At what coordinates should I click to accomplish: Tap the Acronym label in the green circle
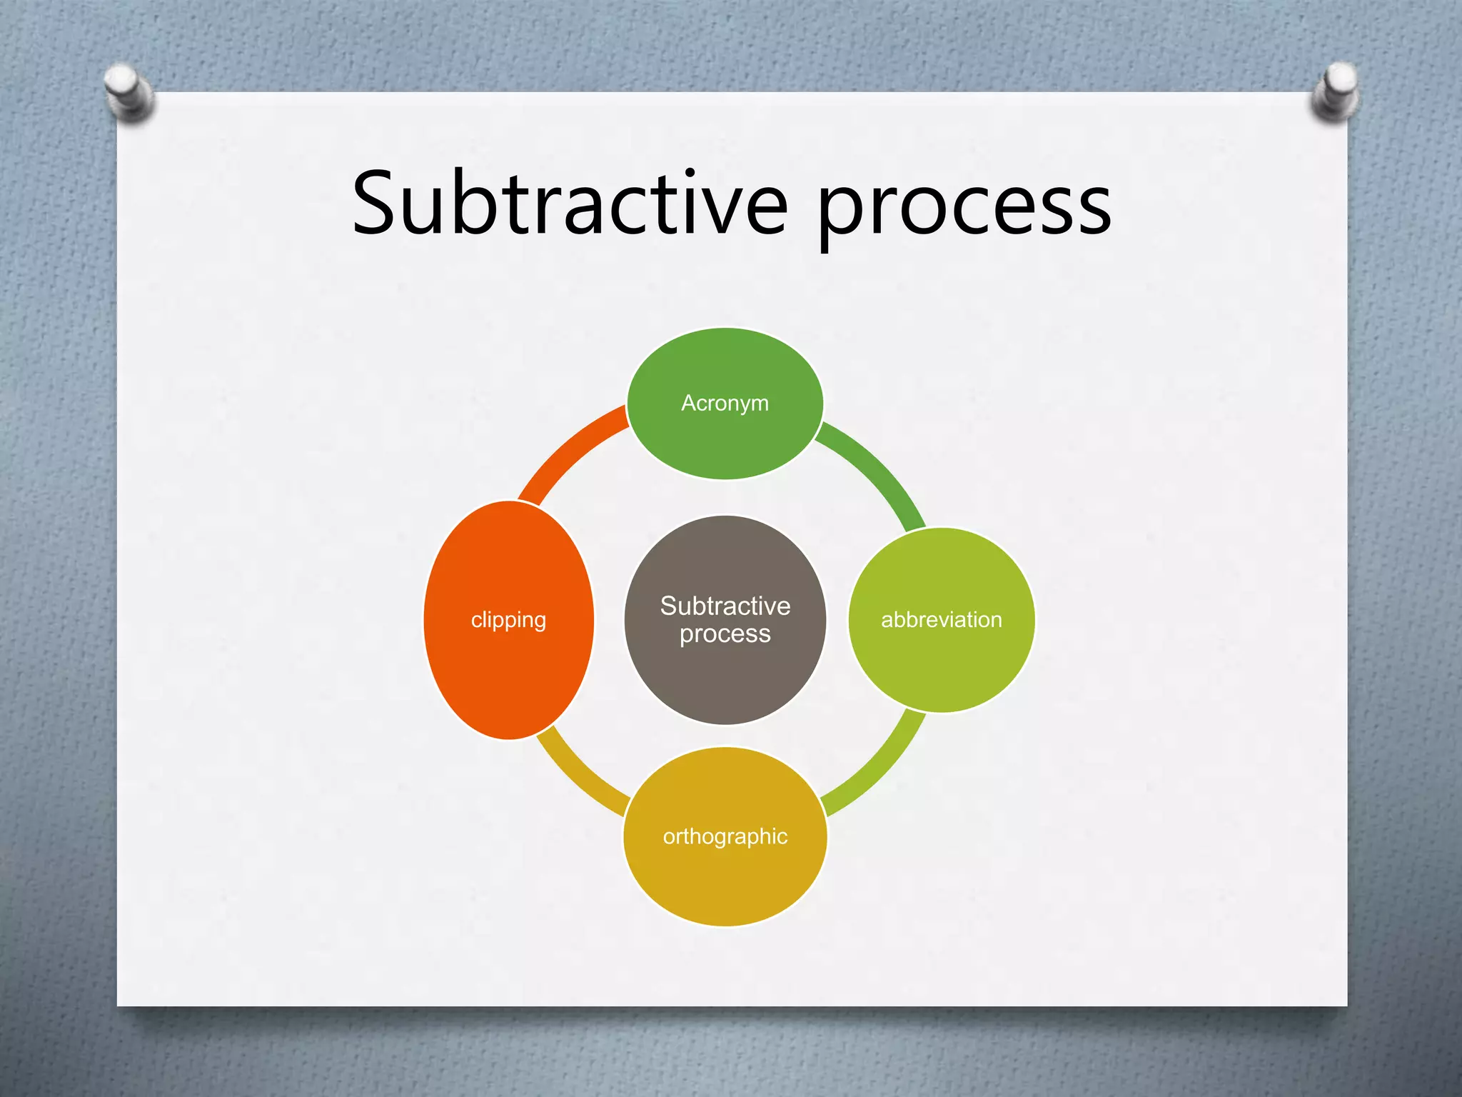(x=725, y=403)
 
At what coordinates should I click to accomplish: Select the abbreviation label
(x=941, y=619)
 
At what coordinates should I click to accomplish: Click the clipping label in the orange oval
(x=508, y=619)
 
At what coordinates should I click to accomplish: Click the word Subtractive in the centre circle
(x=725, y=606)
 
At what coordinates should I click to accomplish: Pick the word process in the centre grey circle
(x=725, y=633)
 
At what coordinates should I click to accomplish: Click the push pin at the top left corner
(x=128, y=91)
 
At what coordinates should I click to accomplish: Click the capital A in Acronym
(x=688, y=403)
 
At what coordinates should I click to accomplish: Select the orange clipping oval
(x=508, y=678)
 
